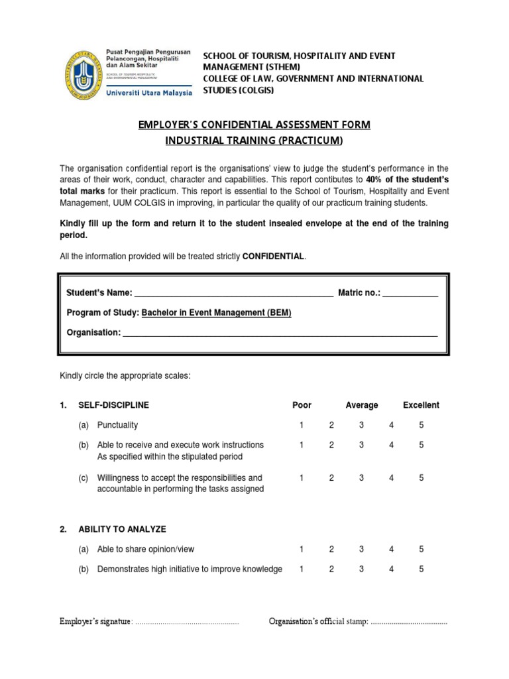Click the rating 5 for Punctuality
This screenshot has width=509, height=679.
421,425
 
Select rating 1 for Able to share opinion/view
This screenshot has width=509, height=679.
301,549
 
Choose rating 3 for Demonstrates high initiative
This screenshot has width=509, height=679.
361,569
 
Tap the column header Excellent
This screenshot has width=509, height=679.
421,405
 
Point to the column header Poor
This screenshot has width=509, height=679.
302,405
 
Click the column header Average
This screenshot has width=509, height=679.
361,405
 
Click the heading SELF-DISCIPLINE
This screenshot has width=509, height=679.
113,405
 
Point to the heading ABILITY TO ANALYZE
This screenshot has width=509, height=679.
122,529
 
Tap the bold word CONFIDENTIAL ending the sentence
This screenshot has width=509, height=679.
274,256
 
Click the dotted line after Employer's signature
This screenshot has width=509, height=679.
187,622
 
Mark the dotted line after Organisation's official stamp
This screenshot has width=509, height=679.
408,622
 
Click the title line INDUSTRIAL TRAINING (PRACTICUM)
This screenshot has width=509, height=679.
254,141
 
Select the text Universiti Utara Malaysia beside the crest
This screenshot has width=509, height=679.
149,93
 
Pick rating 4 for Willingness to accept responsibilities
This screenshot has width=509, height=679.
391,477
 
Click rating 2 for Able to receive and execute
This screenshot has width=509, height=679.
331,445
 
